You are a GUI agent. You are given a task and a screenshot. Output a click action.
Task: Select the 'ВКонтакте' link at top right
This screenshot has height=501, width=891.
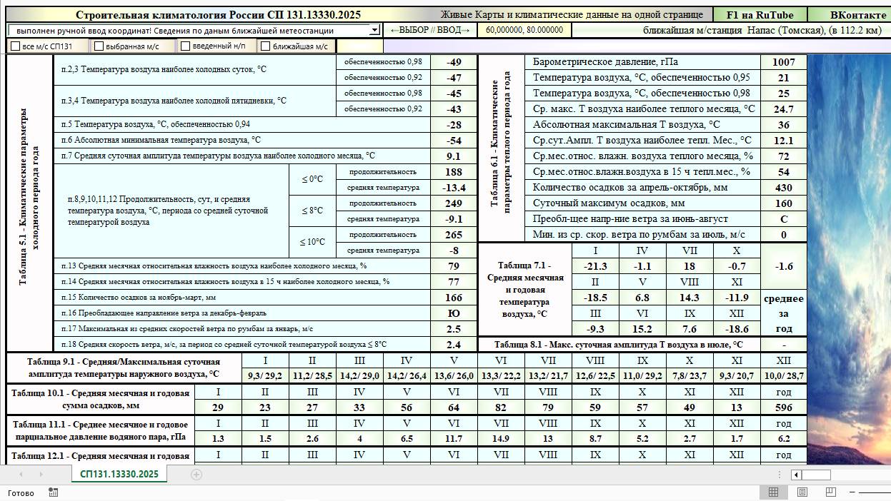click(x=857, y=15)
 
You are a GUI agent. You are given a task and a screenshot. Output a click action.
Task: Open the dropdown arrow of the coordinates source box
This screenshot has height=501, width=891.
click(x=374, y=30)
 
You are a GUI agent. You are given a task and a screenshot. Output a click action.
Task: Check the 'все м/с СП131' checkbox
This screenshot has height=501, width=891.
click(x=16, y=46)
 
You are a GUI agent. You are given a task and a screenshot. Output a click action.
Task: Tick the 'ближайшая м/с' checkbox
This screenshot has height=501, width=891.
click(x=266, y=46)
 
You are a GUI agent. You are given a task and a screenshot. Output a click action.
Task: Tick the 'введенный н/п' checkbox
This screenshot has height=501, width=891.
click(x=186, y=46)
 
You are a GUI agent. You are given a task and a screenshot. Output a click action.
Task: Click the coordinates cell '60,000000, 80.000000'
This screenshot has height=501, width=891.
click(x=524, y=30)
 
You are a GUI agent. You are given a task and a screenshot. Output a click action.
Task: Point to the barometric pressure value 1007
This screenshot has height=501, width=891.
click(x=783, y=62)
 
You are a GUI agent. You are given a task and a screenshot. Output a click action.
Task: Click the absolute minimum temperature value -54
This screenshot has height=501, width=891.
click(x=454, y=141)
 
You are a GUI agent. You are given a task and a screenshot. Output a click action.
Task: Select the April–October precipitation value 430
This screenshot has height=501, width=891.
click(x=783, y=188)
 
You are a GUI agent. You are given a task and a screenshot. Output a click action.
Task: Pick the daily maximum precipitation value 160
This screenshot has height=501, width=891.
click(x=783, y=203)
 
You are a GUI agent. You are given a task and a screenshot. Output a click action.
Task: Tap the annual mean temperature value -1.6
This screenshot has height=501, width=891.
click(x=783, y=266)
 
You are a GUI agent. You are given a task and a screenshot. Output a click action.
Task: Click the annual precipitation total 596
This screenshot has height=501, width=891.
click(x=783, y=408)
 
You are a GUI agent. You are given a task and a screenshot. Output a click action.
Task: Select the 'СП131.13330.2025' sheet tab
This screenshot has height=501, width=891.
click(x=119, y=474)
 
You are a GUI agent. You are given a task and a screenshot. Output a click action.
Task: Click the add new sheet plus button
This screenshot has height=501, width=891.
click(x=196, y=474)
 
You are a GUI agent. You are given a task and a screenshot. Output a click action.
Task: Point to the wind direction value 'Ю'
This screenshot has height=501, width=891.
click(x=454, y=313)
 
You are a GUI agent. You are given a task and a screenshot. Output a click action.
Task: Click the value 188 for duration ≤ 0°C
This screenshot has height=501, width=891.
click(x=454, y=172)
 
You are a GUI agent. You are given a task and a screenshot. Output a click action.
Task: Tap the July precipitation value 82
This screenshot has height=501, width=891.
click(x=501, y=408)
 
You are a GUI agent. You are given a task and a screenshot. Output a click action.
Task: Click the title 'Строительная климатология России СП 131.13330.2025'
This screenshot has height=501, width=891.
click(x=218, y=15)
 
